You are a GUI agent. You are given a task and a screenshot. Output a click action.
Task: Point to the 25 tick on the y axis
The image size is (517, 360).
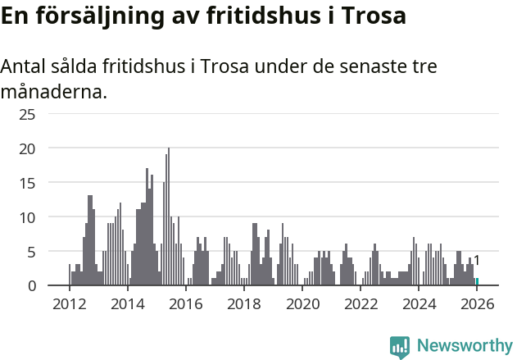tap(27, 114)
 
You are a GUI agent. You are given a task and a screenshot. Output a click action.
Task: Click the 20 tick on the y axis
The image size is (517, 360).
tap(27, 148)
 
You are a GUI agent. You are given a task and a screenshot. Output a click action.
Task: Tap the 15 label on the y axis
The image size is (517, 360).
tap(27, 183)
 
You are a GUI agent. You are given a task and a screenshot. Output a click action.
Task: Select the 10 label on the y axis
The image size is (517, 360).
tap(27, 217)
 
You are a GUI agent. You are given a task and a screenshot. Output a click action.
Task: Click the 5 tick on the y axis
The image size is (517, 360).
tap(31, 252)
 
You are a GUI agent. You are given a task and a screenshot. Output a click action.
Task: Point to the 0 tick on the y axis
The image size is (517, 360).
tap(31, 286)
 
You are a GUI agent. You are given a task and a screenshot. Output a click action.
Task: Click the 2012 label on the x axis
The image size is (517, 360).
tap(69, 304)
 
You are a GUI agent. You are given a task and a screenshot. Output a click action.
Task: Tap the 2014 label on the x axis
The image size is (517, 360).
tap(127, 304)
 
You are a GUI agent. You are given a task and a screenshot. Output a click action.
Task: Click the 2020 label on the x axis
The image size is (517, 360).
tap(302, 304)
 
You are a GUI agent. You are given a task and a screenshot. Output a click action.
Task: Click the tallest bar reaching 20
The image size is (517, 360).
tap(169, 217)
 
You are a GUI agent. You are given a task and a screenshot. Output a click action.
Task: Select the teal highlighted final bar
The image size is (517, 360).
tap(477, 282)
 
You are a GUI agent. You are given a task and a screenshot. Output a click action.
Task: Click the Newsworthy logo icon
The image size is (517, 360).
tap(400, 347)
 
